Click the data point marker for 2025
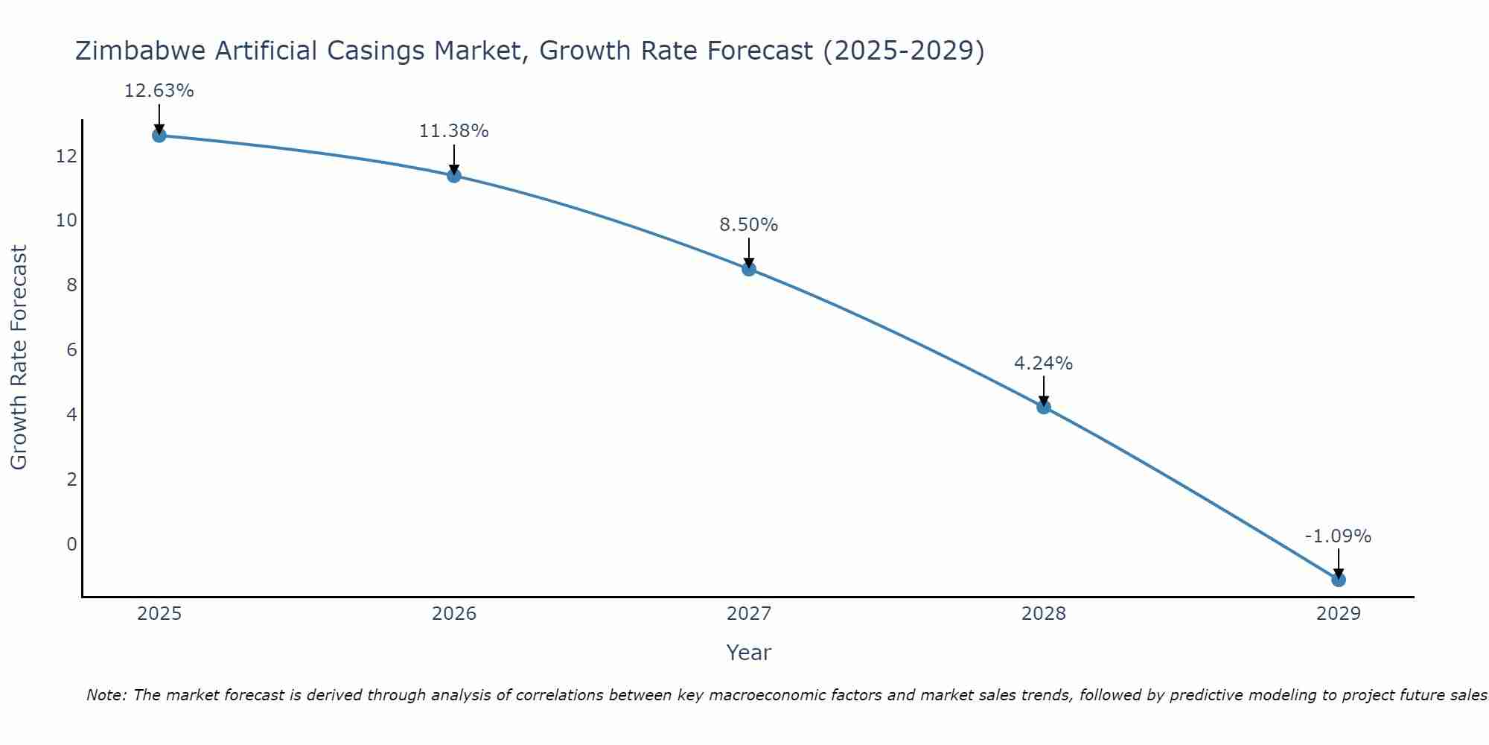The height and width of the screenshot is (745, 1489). [159, 135]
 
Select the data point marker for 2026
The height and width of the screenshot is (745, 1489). [454, 175]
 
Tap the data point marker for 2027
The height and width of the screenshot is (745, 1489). [749, 268]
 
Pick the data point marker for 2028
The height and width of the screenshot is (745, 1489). [1044, 406]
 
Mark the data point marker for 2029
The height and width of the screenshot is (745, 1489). [1339, 579]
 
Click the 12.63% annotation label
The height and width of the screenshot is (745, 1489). [159, 91]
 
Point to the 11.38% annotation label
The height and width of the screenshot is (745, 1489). [454, 131]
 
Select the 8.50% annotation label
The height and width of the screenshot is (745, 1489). [749, 224]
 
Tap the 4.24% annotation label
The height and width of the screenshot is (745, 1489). [1044, 363]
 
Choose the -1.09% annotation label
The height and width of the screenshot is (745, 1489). [1338, 536]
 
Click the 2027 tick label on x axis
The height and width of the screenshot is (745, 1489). [749, 614]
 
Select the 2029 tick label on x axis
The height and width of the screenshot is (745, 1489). [1339, 614]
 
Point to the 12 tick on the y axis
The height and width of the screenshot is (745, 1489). [66, 156]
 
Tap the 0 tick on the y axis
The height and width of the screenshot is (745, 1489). [71, 544]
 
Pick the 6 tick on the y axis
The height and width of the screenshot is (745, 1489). [71, 349]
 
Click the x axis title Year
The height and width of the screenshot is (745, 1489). [749, 653]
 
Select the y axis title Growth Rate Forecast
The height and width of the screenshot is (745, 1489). [19, 358]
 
